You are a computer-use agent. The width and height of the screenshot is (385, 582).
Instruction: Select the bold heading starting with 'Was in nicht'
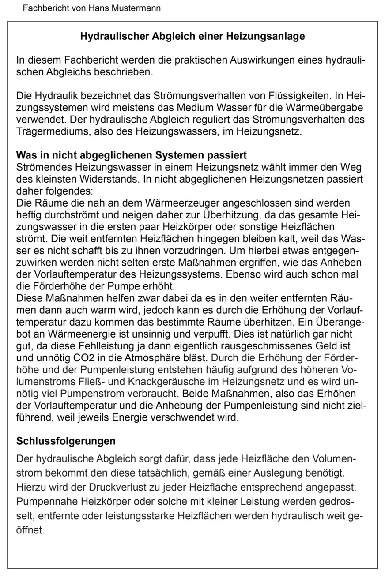(x=131, y=156)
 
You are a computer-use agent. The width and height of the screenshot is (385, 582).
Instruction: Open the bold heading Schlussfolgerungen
(x=66, y=441)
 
